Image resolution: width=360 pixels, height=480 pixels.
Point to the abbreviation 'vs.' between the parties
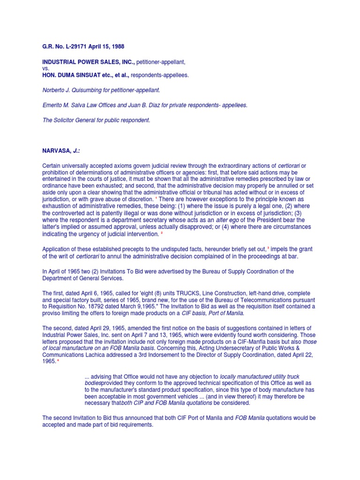pyautogui.click(x=46, y=68)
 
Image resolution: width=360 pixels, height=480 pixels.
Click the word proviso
pyautogui.click(x=53, y=314)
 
